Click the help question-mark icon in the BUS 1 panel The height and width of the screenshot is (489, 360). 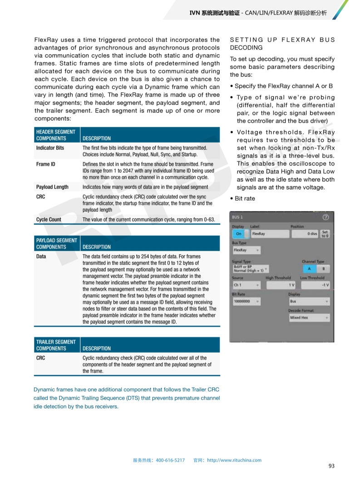325,217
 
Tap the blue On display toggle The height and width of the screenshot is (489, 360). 239,234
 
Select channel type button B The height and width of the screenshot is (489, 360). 324,269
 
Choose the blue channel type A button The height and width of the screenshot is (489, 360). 310,269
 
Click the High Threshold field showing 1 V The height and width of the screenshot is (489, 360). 280,285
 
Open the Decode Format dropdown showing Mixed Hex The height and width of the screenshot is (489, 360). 309,318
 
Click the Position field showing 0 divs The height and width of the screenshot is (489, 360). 305,234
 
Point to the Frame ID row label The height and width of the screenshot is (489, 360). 45,164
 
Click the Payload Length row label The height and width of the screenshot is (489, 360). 52,187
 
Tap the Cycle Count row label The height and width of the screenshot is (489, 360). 49,219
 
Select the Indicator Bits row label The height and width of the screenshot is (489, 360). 50,148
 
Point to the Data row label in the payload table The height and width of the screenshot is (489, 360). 41,256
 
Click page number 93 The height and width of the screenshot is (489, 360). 331,466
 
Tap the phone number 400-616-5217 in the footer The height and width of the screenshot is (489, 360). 170,460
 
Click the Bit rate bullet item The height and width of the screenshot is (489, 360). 245,198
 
